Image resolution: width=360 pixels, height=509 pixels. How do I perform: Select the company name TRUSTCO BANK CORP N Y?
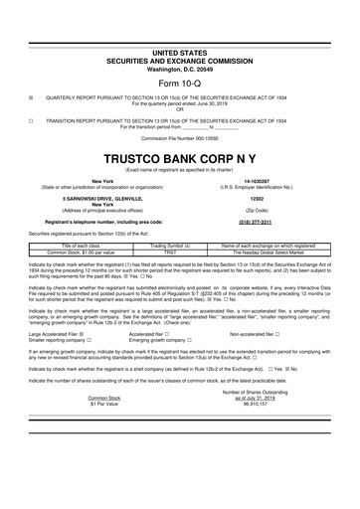pyautogui.click(x=179, y=159)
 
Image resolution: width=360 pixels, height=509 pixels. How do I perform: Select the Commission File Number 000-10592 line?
pyautogui.click(x=179, y=139)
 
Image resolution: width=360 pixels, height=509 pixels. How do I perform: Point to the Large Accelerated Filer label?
pyautogui.click(x=49, y=335)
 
